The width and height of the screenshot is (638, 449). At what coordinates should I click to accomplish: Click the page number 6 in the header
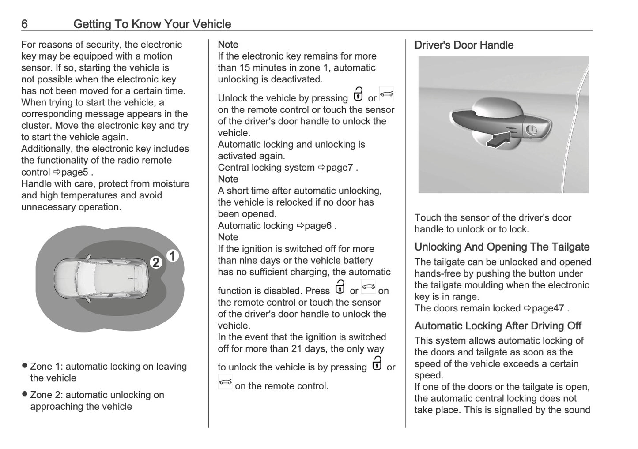pos(24,24)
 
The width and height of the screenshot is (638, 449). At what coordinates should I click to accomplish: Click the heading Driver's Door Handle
pos(464,45)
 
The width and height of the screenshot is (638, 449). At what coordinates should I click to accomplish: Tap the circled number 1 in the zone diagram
pos(173,256)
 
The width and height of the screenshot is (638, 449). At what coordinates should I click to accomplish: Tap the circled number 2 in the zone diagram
pos(156,262)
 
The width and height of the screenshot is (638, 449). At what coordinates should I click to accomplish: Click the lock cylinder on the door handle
pos(531,130)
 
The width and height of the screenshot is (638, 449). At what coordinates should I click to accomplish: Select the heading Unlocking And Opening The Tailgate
pos(502,247)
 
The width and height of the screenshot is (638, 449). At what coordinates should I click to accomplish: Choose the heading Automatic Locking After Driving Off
pos(498,326)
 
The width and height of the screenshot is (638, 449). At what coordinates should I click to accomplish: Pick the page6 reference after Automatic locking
pos(317,226)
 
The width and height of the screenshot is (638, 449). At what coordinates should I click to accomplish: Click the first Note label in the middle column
pos(228,45)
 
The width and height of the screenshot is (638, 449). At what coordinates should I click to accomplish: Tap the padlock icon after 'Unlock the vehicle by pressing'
pos(358,94)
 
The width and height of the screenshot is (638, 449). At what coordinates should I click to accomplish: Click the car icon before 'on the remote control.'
pos(225,382)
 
